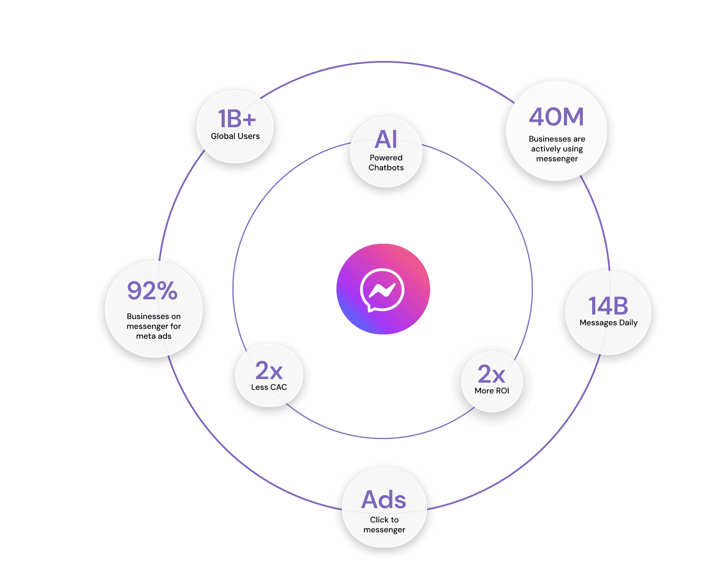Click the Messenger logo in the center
[x=383, y=289]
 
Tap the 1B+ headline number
[x=236, y=119]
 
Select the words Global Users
[x=235, y=136]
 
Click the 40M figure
[x=557, y=117]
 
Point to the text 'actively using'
[x=557, y=149]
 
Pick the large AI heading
[x=386, y=139]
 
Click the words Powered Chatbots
[x=386, y=163]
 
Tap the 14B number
[x=608, y=306]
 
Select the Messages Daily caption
[x=608, y=323]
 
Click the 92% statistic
[x=153, y=291]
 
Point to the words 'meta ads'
[x=153, y=336]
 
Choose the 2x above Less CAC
[x=269, y=371]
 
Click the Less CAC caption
[x=269, y=387]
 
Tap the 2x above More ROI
[x=491, y=374]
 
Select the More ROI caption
[x=492, y=391]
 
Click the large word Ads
[x=384, y=500]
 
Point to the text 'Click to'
[x=384, y=520]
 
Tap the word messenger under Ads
[x=384, y=530]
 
